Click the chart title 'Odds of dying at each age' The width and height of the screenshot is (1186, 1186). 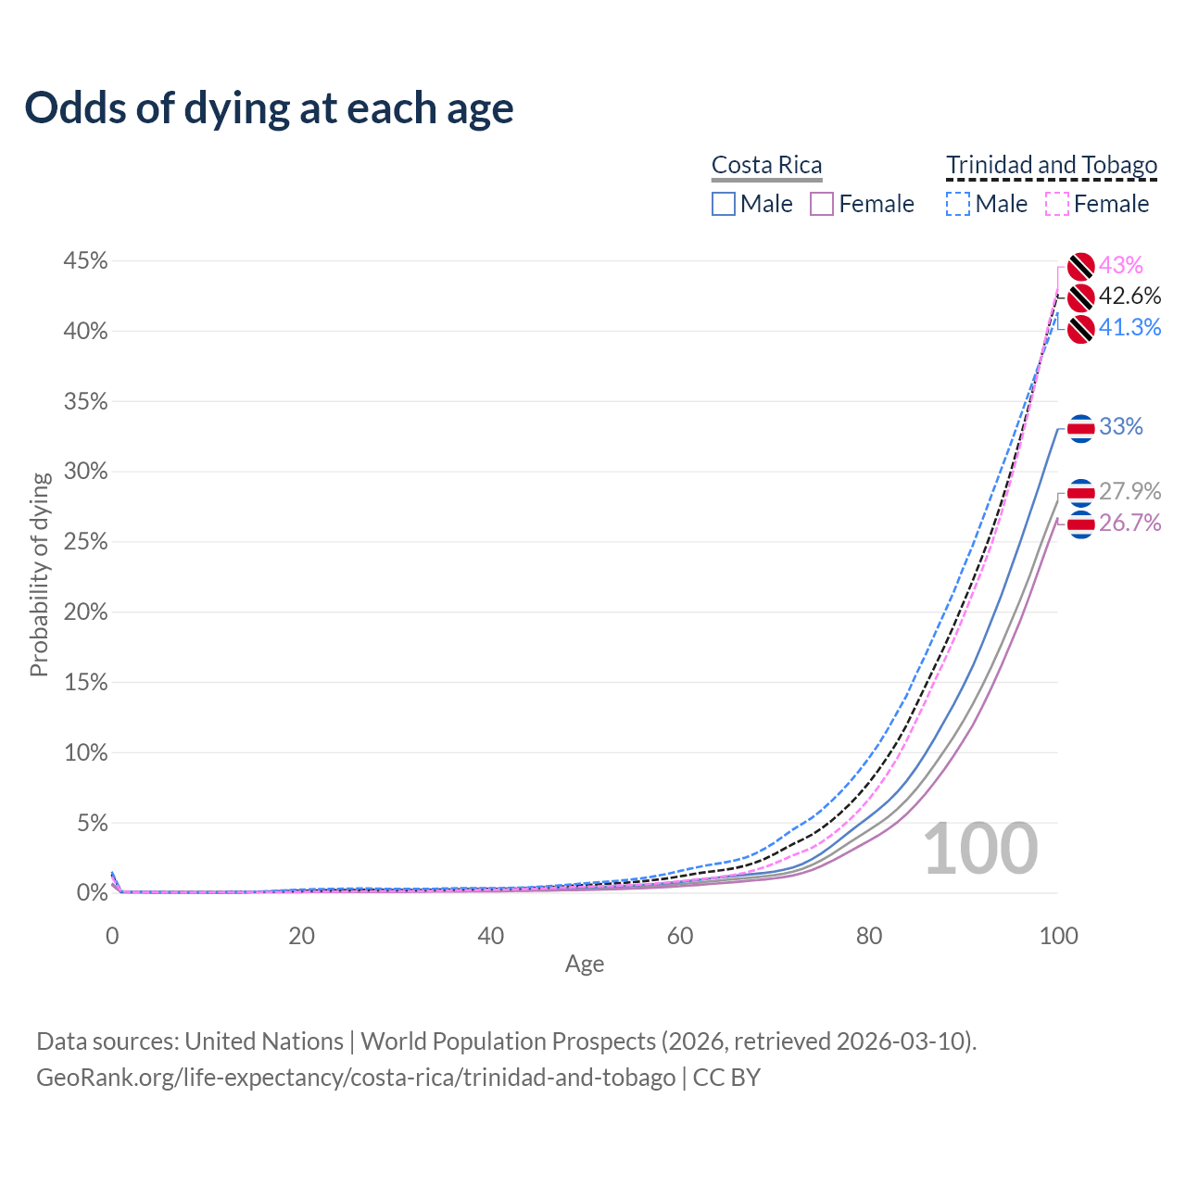coord(269,108)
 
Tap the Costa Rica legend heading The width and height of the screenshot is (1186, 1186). coord(766,165)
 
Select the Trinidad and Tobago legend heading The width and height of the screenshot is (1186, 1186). coord(1052,165)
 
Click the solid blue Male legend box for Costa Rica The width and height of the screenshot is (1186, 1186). coord(724,204)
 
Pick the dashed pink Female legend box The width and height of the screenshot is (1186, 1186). coord(1057,204)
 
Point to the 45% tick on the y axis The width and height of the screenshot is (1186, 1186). coord(85,261)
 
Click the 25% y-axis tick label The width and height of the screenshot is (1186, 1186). coord(85,542)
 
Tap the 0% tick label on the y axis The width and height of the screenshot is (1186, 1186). coord(92,893)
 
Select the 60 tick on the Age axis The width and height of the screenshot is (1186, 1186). coord(680,936)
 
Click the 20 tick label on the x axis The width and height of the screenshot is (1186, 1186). coord(301,936)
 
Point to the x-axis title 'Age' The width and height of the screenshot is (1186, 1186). coord(585,965)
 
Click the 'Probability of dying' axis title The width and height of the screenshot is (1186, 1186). coord(39,574)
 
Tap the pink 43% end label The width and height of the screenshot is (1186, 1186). coord(1121,266)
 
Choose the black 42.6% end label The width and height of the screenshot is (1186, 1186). coord(1129,296)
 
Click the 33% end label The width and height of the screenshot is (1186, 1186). coord(1121,427)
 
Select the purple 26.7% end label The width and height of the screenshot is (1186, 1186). coord(1129,524)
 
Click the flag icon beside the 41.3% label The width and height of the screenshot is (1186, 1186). coord(1080,329)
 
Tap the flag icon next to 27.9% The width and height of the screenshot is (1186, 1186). coord(1080,491)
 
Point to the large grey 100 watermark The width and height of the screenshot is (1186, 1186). coord(980,849)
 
